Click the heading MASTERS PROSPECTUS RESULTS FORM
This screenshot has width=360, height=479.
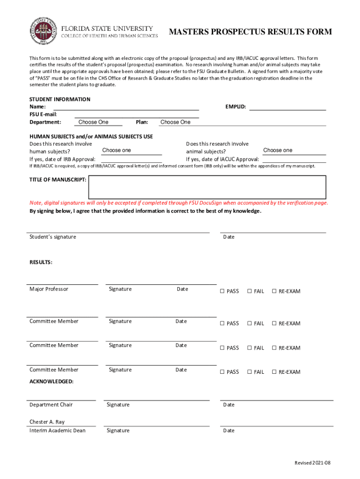(x=250, y=32)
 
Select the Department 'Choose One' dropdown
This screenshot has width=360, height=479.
(x=98, y=122)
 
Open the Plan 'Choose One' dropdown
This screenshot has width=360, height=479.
(x=176, y=122)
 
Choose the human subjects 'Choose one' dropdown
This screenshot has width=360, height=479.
(x=131, y=151)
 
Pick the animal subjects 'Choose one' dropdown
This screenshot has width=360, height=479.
(x=293, y=151)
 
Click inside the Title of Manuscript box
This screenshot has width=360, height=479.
(x=207, y=187)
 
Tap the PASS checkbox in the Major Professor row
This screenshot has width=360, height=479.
(x=223, y=291)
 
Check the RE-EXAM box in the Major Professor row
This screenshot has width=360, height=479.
(x=274, y=291)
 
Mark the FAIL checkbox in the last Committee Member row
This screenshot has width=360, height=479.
(x=250, y=372)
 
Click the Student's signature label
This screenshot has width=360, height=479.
(x=52, y=237)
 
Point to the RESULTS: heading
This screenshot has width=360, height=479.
(x=41, y=262)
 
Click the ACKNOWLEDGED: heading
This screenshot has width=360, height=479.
(x=51, y=381)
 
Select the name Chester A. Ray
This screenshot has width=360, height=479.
(x=47, y=422)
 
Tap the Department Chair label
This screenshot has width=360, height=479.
(x=51, y=405)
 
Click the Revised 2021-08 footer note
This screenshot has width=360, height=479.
(x=312, y=463)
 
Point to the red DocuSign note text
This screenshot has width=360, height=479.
(x=179, y=203)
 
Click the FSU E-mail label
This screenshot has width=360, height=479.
(x=43, y=115)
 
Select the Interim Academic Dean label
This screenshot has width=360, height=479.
(x=58, y=430)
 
